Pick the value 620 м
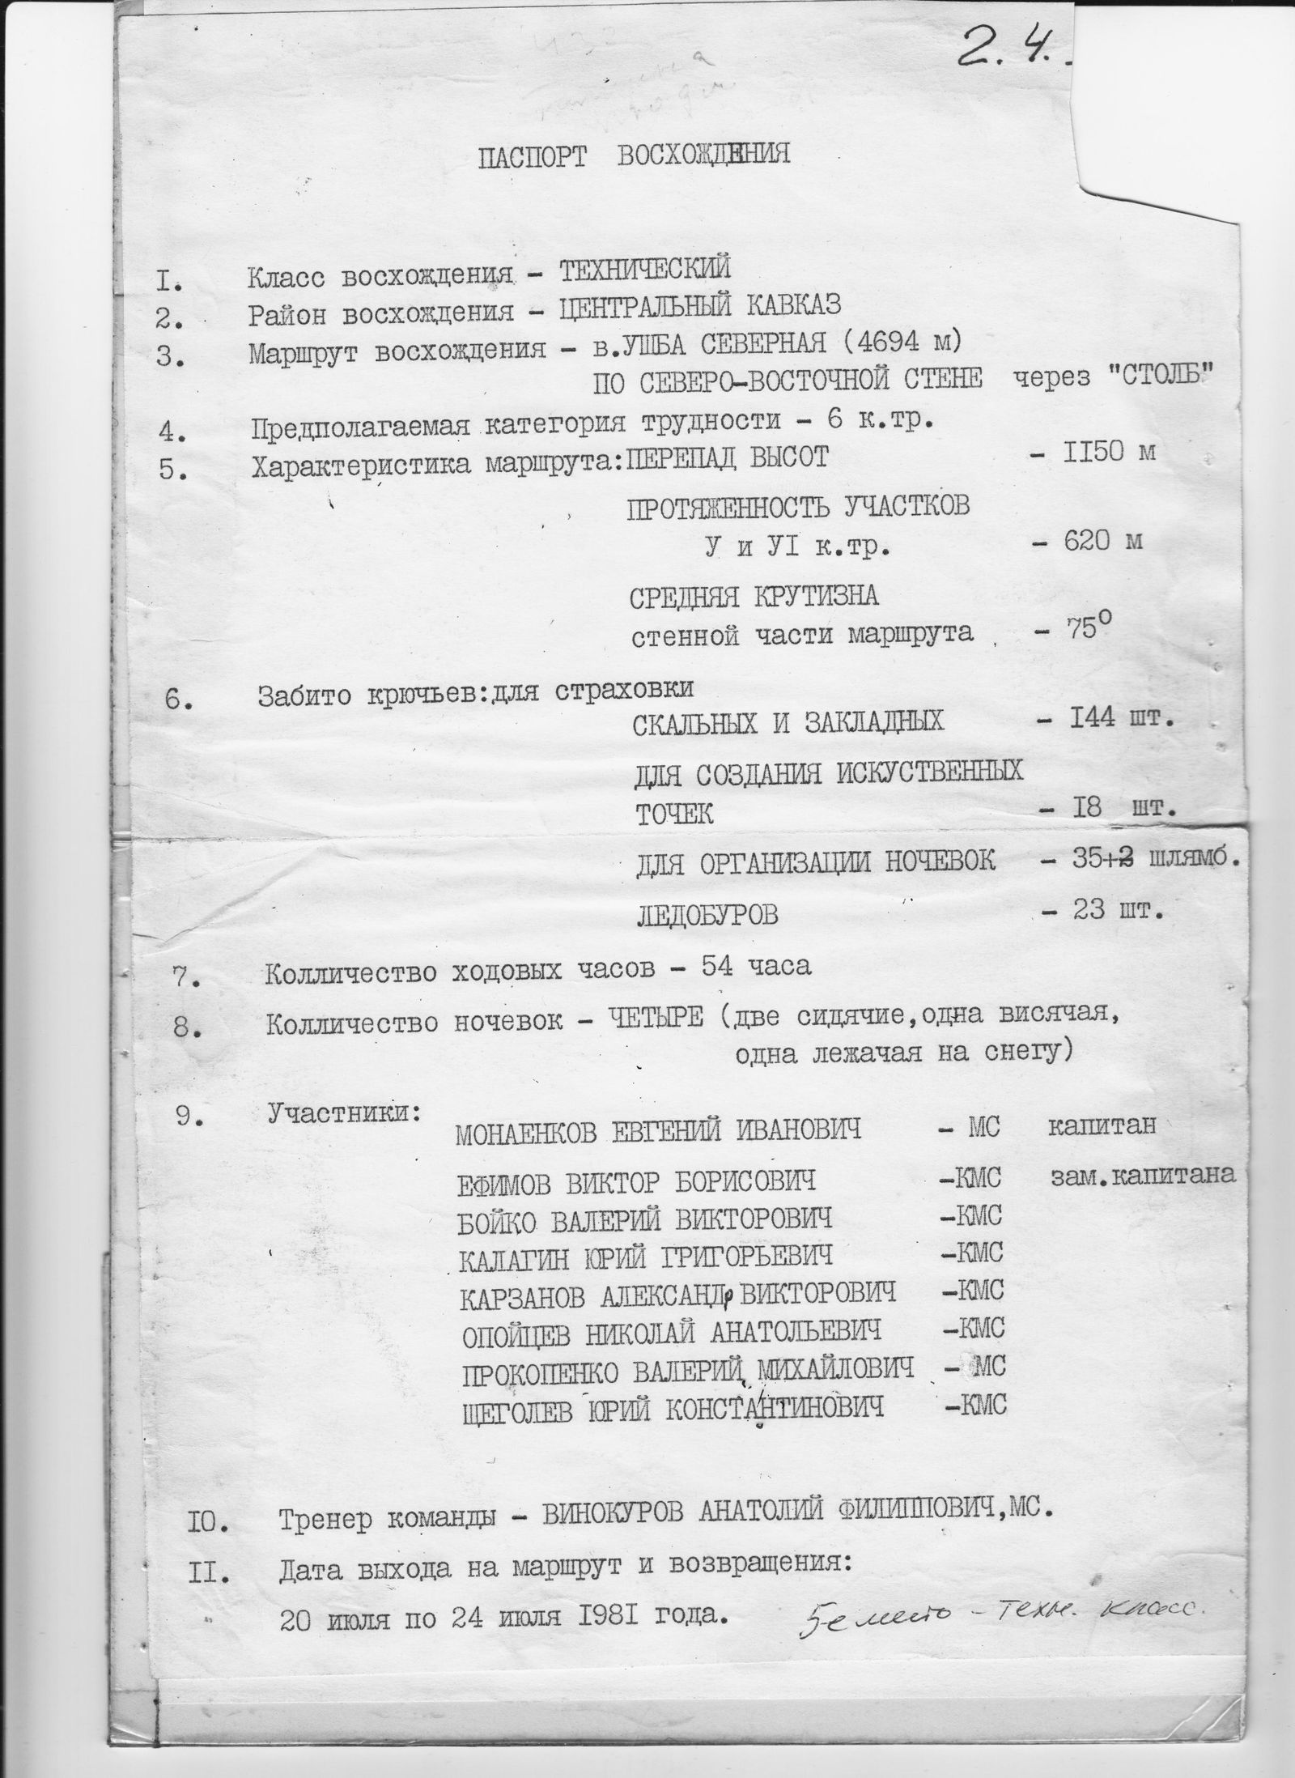(x=1104, y=540)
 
